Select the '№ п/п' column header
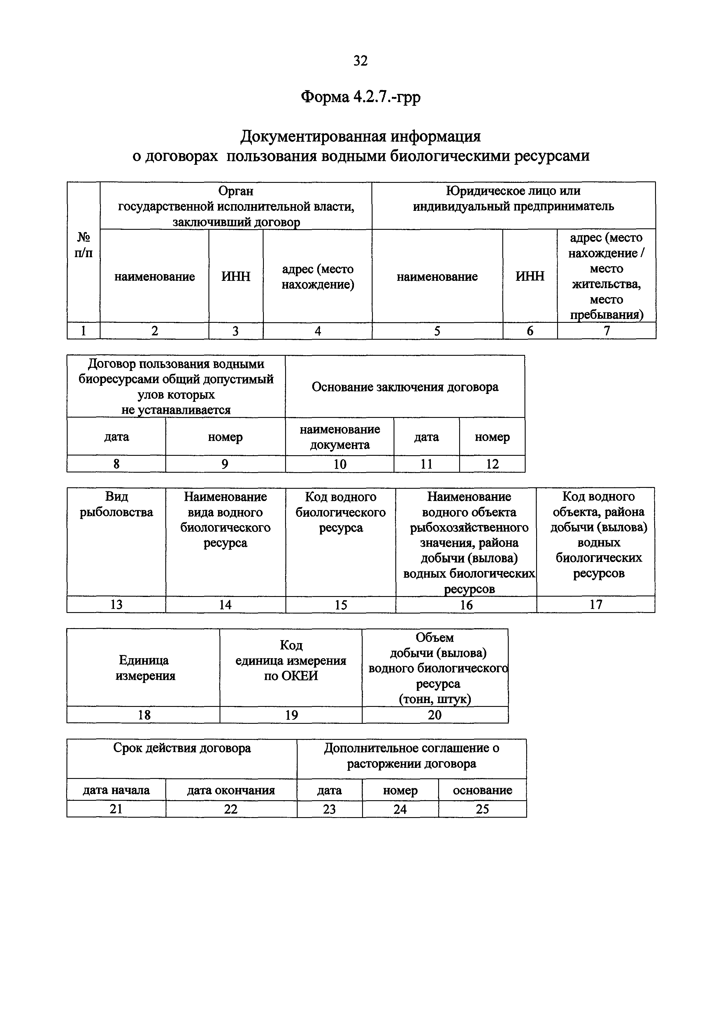tap(83, 245)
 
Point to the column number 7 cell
tap(606, 331)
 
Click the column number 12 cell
tap(492, 464)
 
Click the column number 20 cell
tap(435, 715)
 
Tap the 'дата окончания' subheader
tap(231, 790)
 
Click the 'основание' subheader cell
tap(482, 790)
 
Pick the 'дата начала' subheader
tap(116, 790)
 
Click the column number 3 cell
tap(236, 331)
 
